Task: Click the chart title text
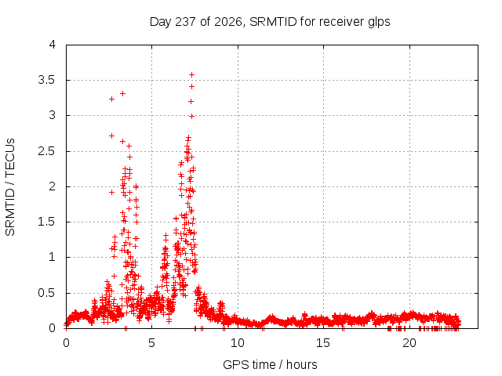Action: click(270, 22)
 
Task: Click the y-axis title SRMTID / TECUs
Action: click(10, 187)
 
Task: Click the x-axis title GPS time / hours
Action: click(270, 364)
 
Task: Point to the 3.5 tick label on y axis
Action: click(47, 80)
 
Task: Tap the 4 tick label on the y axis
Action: click(53, 45)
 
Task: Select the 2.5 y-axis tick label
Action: click(47, 151)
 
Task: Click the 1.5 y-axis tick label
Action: click(47, 222)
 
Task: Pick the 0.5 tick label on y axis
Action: click(47, 293)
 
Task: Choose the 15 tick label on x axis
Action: click(323, 343)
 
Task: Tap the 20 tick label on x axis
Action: click(409, 343)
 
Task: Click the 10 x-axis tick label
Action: click(238, 343)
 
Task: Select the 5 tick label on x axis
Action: click(151, 343)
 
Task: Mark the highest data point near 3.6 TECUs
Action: click(191, 75)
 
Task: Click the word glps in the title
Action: click(379, 23)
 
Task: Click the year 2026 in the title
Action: click(228, 22)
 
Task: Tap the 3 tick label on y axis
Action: click(53, 115)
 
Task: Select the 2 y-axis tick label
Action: click(53, 186)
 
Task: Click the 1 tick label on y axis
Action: click(53, 257)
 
